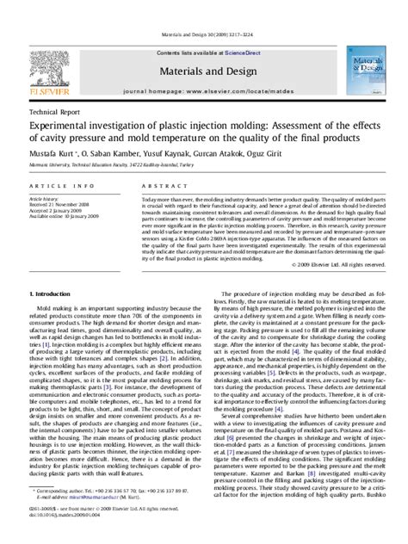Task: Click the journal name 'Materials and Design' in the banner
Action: tap(202, 73)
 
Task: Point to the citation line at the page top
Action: tap(203, 35)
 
